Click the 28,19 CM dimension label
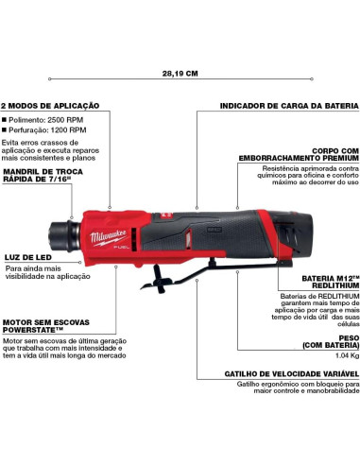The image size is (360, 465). [180, 72]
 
